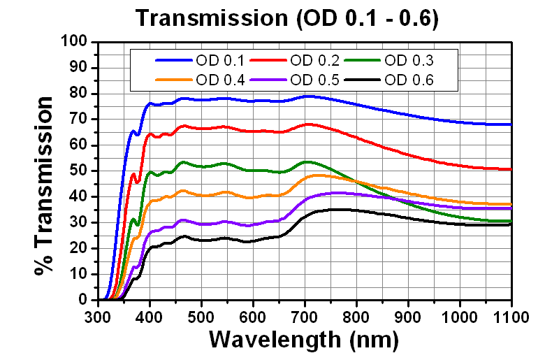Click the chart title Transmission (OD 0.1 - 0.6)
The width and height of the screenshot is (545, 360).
pos(286,17)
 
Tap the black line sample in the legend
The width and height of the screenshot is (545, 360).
pos(365,80)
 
